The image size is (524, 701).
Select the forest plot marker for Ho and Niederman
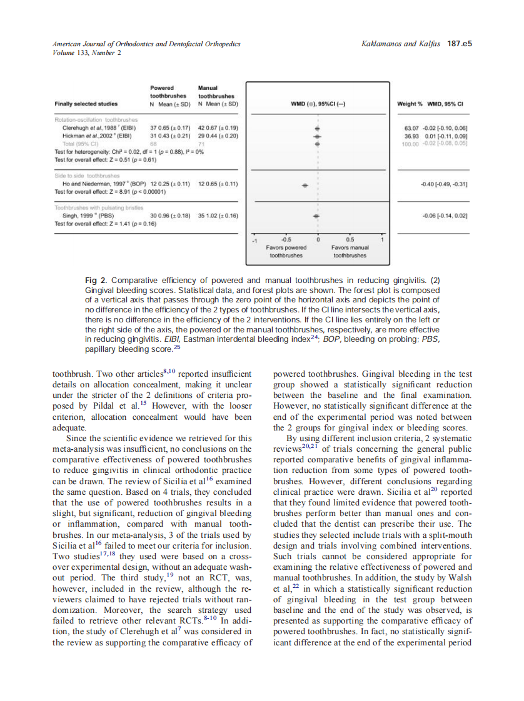305,186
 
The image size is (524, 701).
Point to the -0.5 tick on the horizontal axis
286,239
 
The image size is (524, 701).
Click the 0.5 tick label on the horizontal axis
350,239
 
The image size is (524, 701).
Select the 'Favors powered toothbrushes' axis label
286,251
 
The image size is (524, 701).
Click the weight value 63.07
412,128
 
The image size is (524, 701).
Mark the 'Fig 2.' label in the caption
95,280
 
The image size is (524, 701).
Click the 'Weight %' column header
410,104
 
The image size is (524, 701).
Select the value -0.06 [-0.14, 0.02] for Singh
445,216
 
